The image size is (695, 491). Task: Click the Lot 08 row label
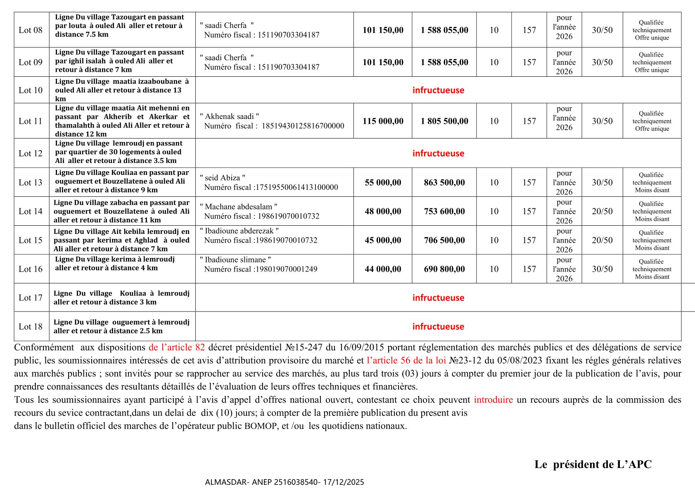(x=31, y=30)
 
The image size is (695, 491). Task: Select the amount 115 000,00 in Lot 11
(x=383, y=121)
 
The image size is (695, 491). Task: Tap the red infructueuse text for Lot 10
(x=438, y=90)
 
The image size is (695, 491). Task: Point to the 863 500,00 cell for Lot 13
(x=444, y=183)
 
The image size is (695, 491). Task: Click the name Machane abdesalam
(x=239, y=207)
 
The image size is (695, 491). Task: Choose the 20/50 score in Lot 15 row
(x=602, y=240)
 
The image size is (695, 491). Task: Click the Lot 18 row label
(x=31, y=327)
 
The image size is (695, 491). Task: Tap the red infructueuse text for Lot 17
(x=438, y=298)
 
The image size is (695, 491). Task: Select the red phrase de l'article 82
(x=177, y=347)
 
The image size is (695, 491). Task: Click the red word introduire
(x=493, y=400)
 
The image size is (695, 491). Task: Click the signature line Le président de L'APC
(x=593, y=465)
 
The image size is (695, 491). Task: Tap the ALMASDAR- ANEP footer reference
(x=285, y=482)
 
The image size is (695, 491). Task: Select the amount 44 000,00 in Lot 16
(x=383, y=269)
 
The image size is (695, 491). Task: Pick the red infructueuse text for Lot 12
(x=438, y=153)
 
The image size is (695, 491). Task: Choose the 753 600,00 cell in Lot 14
(x=444, y=211)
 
